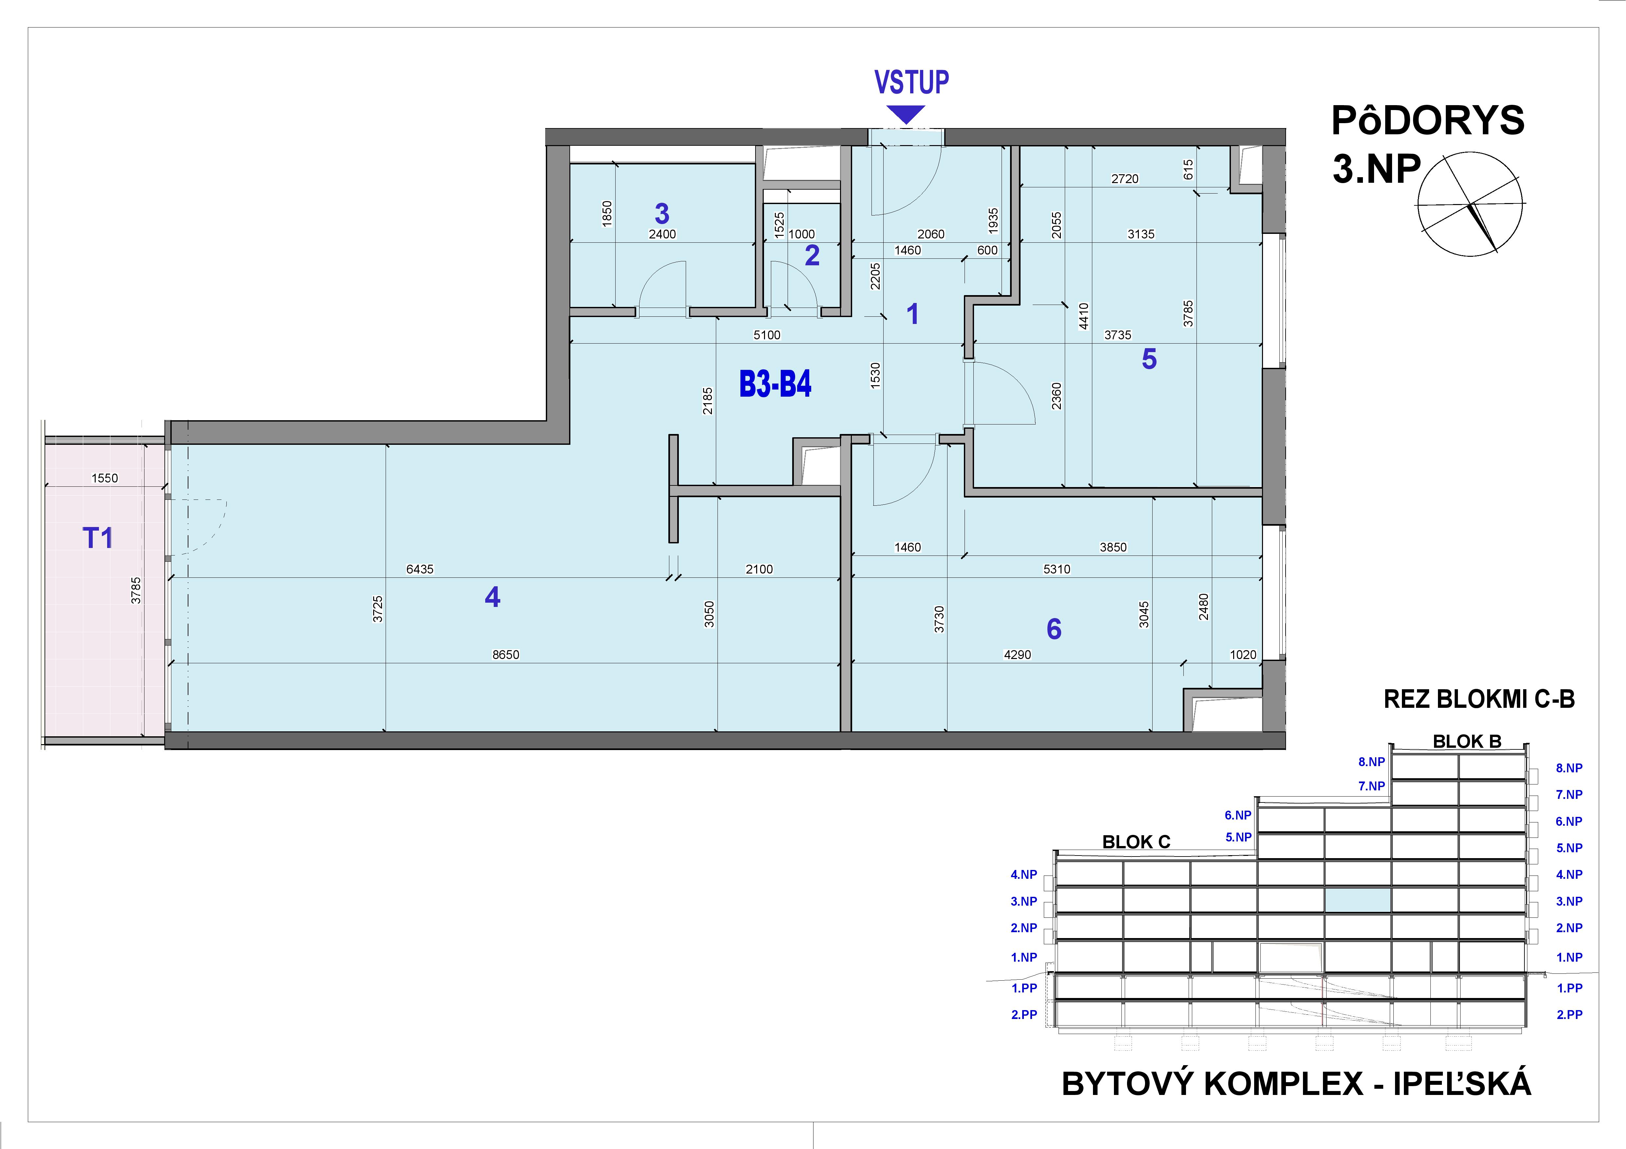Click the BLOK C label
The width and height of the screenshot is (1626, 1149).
click(1136, 842)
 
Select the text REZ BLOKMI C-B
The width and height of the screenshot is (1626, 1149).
click(1479, 699)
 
